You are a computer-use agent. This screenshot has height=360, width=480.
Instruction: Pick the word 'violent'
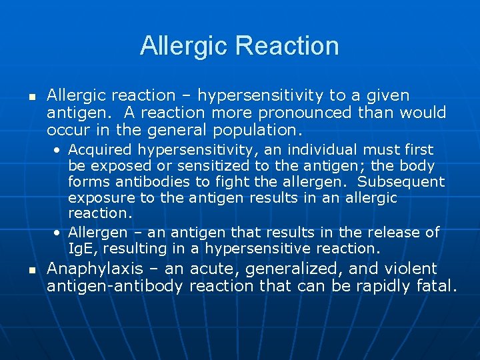[x=413, y=269]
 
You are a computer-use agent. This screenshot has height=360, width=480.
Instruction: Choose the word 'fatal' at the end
[x=437, y=287]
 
